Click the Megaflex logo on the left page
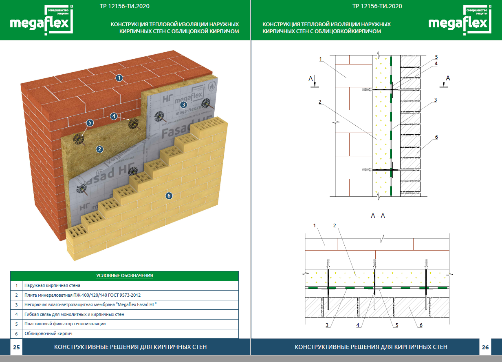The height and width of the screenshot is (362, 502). click(x=41, y=20)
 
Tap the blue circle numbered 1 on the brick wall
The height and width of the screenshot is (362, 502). click(x=119, y=77)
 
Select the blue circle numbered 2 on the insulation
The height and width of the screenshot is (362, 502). click(x=99, y=149)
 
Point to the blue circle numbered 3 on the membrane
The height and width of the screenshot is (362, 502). click(x=184, y=104)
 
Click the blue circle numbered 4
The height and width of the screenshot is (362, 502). click(x=114, y=116)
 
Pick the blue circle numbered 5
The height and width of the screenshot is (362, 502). click(x=90, y=122)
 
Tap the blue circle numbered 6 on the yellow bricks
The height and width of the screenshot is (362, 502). click(x=169, y=195)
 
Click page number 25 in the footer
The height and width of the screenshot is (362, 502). click(x=16, y=347)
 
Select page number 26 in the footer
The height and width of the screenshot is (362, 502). click(x=485, y=347)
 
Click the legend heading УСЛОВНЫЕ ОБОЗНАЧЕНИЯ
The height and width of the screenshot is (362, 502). click(x=125, y=275)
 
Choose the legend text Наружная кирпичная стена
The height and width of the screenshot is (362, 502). click(x=52, y=286)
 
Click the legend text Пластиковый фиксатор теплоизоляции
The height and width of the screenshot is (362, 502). click(x=65, y=324)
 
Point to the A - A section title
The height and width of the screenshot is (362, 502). click(x=378, y=216)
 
